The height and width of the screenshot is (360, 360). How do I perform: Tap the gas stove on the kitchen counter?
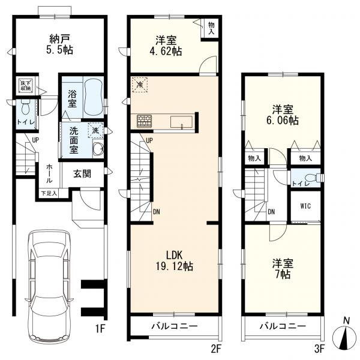pos(145,121)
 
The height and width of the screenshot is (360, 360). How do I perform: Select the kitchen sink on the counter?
pos(181,122)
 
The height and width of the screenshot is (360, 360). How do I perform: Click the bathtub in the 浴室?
pos(93,98)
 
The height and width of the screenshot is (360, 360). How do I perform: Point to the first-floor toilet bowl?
pos(25,107)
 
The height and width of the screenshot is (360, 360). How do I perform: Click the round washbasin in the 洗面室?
pos(98,149)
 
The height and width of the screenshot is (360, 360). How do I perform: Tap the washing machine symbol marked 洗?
pos(96,130)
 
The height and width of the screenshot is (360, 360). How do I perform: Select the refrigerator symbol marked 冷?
pos(140,85)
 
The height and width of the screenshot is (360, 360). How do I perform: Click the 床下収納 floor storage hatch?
pos(25,85)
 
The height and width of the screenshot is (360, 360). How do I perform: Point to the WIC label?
pos(305,206)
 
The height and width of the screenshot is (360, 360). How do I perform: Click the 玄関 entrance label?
pos(82,174)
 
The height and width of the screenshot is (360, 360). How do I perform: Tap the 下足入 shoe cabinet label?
pos(49,193)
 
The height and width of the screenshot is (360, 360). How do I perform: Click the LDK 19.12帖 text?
pos(174,260)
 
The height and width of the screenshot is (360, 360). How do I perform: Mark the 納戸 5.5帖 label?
pos(59,44)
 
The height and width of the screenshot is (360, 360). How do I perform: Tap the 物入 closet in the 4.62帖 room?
pos(211,28)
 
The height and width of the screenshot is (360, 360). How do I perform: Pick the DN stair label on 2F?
pos(157,212)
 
